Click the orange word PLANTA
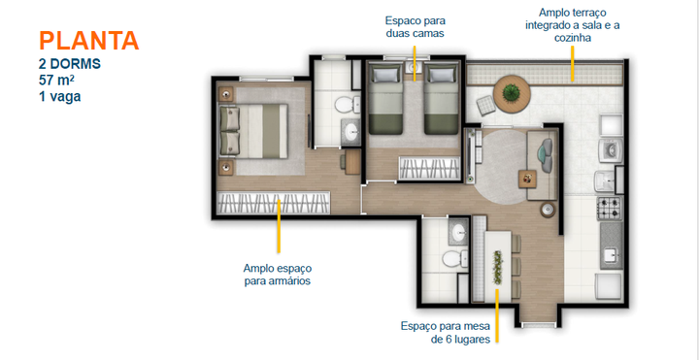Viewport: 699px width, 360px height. (88, 41)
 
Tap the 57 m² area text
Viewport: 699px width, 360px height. (62, 81)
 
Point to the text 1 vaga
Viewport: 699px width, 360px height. (61, 97)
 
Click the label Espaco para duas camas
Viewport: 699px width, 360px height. (415, 26)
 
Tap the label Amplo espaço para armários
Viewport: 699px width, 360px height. (278, 275)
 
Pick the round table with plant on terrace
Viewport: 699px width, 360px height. (509, 94)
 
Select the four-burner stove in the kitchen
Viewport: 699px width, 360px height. (609, 208)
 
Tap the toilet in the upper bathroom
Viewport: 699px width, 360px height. (343, 104)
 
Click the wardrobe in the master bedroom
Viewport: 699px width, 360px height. (274, 204)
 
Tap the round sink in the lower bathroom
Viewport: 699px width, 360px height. (459, 233)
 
